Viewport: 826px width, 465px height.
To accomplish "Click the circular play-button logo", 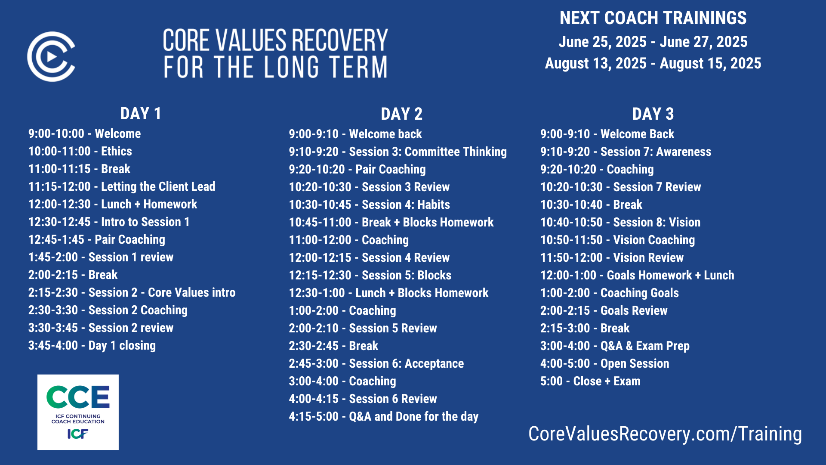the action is click(x=51, y=56).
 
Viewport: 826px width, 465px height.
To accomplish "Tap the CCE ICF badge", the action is click(x=78, y=412).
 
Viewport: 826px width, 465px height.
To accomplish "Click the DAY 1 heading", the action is click(x=141, y=114).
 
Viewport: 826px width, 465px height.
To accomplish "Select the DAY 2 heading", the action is click(x=401, y=114).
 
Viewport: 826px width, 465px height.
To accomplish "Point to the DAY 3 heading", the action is click(x=653, y=114).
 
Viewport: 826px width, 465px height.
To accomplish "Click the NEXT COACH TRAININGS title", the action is click(x=653, y=18).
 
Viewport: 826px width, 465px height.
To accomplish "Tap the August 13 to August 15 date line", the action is click(x=653, y=63).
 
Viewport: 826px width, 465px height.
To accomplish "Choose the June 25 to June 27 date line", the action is click(x=653, y=42).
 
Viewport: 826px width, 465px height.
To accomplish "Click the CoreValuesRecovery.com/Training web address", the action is click(x=665, y=434).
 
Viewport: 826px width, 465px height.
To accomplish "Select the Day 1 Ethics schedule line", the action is click(x=80, y=151).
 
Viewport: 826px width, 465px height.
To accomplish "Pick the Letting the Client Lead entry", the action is click(x=122, y=186).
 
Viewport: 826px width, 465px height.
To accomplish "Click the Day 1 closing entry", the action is click(x=92, y=345).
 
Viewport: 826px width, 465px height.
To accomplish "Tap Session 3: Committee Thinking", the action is click(x=398, y=152).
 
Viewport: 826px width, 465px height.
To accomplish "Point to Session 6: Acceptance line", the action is click(x=376, y=363).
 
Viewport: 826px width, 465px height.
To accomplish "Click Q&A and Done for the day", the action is click(x=384, y=416).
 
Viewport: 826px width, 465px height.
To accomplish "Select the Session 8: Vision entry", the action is click(x=620, y=222).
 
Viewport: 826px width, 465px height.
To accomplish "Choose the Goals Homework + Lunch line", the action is click(x=637, y=275).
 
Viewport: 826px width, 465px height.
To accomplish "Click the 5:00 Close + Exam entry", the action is click(x=590, y=381).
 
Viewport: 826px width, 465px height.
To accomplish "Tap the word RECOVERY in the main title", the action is click(x=340, y=40).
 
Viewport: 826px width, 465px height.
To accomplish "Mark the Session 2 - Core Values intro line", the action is click(x=132, y=292).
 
